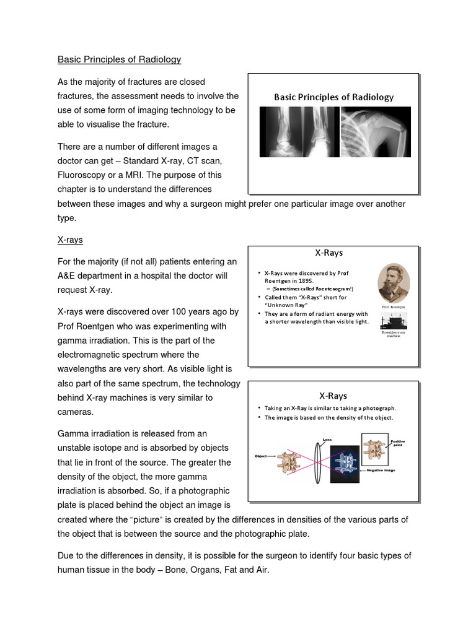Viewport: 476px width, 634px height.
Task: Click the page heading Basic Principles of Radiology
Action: [x=119, y=59]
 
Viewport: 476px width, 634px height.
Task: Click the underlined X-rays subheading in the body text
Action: [x=70, y=239]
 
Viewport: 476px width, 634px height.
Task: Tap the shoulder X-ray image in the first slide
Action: [x=374, y=131]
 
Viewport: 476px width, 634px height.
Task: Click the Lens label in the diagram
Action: [x=327, y=440]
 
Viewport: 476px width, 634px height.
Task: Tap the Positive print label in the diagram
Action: [x=397, y=443]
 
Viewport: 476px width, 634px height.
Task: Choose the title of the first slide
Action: [x=333, y=97]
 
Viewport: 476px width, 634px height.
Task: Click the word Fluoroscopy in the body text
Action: [x=84, y=175]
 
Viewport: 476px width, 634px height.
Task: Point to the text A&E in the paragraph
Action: [x=68, y=276]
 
